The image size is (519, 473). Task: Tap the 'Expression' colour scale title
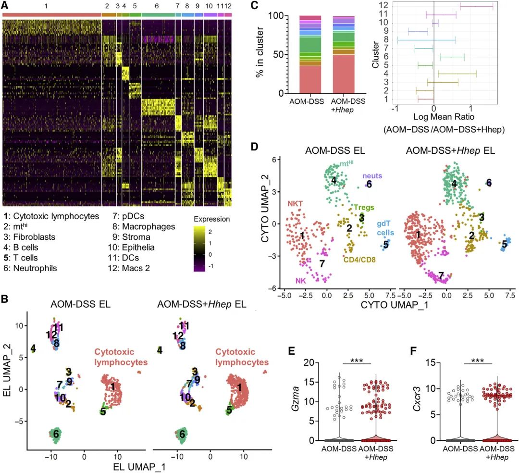click(x=212, y=219)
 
